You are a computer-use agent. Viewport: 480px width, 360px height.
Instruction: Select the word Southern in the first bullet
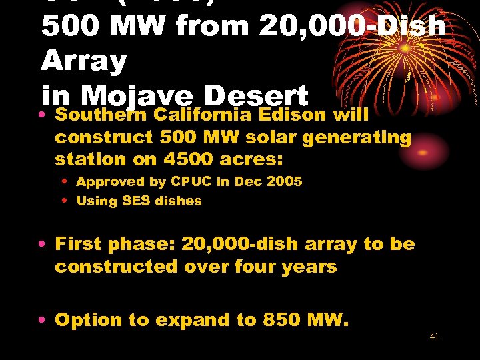pyautogui.click(x=101, y=115)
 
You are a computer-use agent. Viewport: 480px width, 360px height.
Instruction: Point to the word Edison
pyautogui.click(x=294, y=115)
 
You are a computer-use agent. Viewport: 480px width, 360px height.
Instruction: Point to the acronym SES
pyautogui.click(x=136, y=201)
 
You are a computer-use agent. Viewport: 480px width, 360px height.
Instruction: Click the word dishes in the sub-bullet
pyautogui.click(x=178, y=201)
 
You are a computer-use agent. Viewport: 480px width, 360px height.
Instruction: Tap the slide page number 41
pyautogui.click(x=434, y=337)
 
